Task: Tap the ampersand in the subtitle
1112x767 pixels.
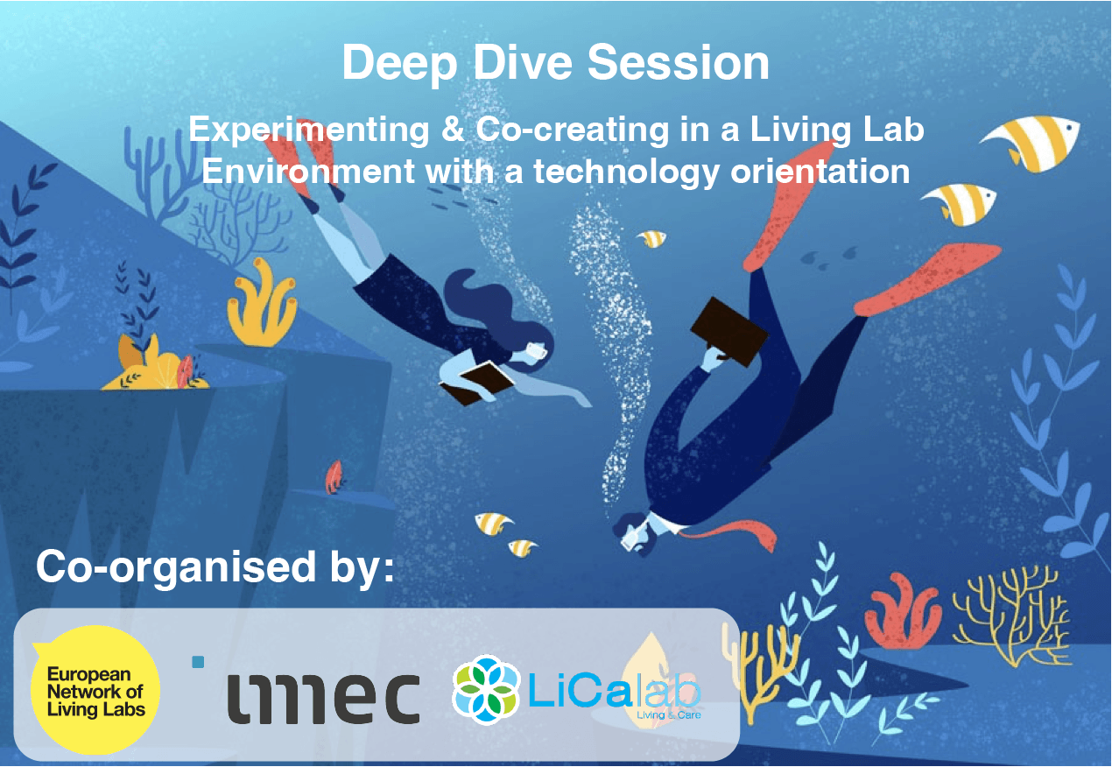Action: click(x=453, y=130)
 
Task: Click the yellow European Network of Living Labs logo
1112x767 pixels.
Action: click(x=95, y=690)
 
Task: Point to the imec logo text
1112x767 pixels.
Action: click(x=324, y=698)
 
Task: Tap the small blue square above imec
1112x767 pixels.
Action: click(x=198, y=662)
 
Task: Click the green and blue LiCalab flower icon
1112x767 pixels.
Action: click(x=486, y=690)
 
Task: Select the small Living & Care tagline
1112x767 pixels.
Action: click(x=668, y=714)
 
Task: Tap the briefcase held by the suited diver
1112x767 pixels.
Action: click(x=728, y=332)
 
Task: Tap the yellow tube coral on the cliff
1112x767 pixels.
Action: click(x=262, y=303)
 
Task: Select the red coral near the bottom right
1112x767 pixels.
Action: click(x=903, y=612)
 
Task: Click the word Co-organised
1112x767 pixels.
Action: click(x=176, y=566)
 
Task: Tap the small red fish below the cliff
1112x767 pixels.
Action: click(x=334, y=477)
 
